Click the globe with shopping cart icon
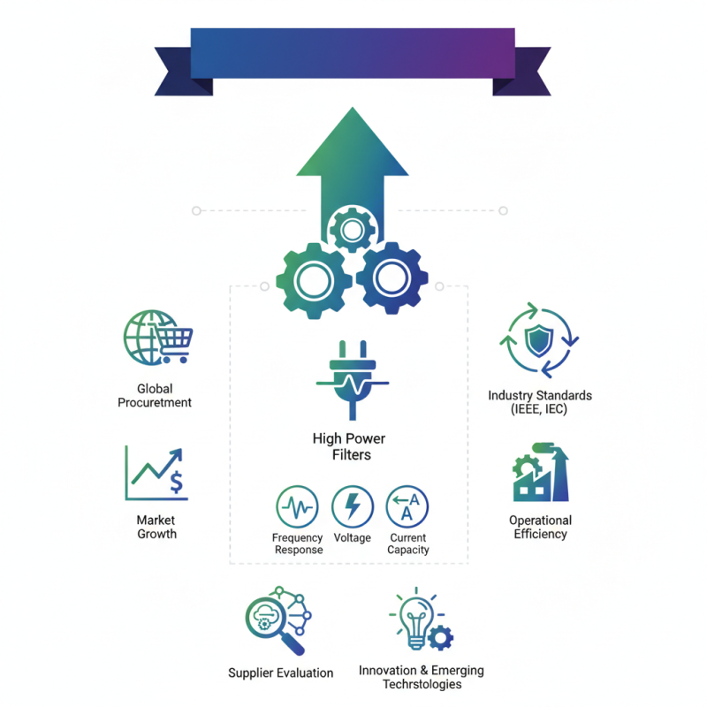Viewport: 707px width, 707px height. coord(158,338)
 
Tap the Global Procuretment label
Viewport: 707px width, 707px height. coord(155,395)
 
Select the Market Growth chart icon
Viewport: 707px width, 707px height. coord(156,473)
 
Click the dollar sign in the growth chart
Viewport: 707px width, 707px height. coord(176,482)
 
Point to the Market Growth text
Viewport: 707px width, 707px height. coord(156,527)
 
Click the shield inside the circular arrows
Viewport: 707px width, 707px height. coord(539,340)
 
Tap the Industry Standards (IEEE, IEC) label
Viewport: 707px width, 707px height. coord(540,402)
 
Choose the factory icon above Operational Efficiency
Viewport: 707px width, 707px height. coord(541,472)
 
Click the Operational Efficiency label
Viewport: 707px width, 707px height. coord(540,527)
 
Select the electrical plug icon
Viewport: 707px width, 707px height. coord(353,380)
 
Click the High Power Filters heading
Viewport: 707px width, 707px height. coord(349,446)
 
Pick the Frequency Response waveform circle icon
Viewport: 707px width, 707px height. coord(297,506)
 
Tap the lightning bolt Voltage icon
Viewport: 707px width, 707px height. coord(353,506)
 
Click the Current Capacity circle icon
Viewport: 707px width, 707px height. coord(407,506)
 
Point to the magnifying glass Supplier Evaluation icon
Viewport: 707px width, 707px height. coord(277,620)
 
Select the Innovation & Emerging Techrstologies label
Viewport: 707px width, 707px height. coord(422,677)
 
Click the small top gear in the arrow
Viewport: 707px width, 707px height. coord(352,231)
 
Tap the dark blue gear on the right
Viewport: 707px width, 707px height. coord(392,277)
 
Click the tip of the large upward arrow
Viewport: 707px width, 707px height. coord(353,107)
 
